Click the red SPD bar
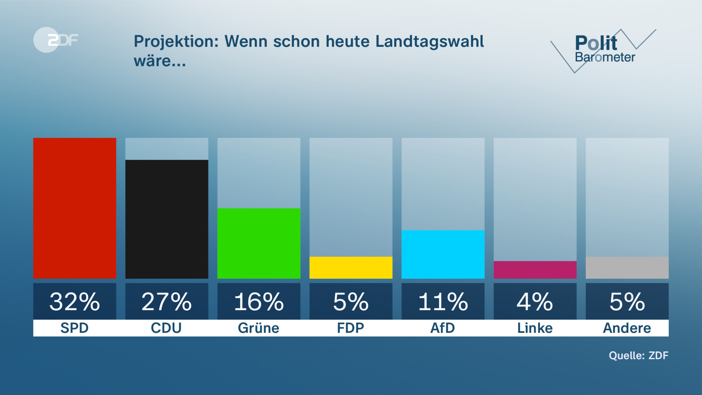coord(75,208)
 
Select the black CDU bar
coord(167,219)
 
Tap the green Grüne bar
coord(259,243)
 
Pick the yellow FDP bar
coord(351,267)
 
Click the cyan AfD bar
coord(443,254)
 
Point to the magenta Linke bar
coord(535,270)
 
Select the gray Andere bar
coord(627,267)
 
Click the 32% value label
coord(75,302)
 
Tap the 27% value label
coord(167,302)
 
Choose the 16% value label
coord(259,302)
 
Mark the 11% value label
coord(443,302)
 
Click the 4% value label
coord(535,302)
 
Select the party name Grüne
coord(259,328)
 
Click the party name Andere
coord(627,328)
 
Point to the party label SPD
coord(75,328)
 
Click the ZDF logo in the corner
coord(56,40)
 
